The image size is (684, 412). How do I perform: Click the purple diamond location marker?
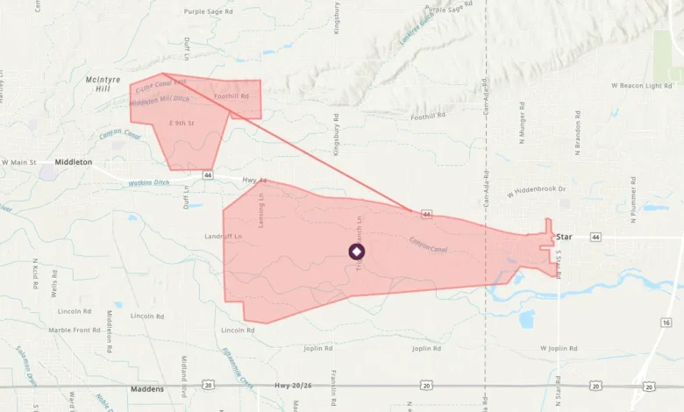[356, 252]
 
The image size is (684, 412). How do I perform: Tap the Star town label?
[564, 237]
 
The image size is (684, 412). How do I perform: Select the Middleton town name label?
[73, 162]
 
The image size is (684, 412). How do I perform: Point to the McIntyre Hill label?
[103, 84]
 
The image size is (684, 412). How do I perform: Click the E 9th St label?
[180, 124]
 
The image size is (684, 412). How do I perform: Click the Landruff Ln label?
[223, 237]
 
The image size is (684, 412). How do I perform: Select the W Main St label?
[19, 162]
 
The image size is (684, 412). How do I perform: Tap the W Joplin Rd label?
[555, 348]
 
